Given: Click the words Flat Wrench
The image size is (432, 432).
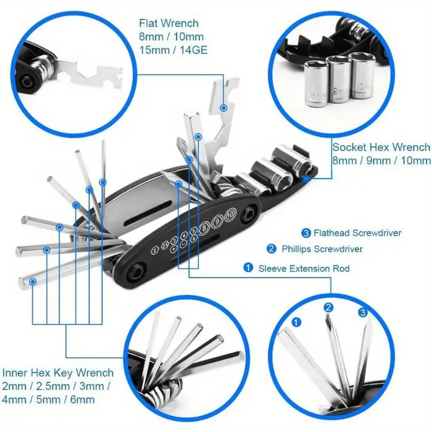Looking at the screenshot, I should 168,23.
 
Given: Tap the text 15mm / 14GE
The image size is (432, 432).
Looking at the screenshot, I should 173,51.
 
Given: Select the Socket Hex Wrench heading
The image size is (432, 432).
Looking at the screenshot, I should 381,147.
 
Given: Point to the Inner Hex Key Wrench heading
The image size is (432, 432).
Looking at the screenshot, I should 58,373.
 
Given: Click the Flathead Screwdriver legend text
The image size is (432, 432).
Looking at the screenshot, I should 357,233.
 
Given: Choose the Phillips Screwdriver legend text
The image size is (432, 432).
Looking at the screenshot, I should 322,249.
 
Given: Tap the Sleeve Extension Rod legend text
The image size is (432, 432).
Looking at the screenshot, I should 304,268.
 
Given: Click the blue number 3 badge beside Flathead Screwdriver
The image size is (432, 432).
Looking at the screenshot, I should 305,233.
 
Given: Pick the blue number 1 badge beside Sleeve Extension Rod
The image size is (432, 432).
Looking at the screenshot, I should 248,268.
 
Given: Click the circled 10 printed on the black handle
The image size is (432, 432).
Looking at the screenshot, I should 230,215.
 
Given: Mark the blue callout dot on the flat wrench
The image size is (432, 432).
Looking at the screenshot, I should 223,107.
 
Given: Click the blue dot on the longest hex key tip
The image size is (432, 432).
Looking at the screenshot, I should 33,281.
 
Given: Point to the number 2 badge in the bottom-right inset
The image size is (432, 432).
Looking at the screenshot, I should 329,307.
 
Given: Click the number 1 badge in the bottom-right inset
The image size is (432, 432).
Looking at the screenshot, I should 296,322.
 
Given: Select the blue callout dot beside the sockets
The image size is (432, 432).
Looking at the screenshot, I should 307,175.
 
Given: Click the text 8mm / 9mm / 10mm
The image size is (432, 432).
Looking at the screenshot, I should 381,160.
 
